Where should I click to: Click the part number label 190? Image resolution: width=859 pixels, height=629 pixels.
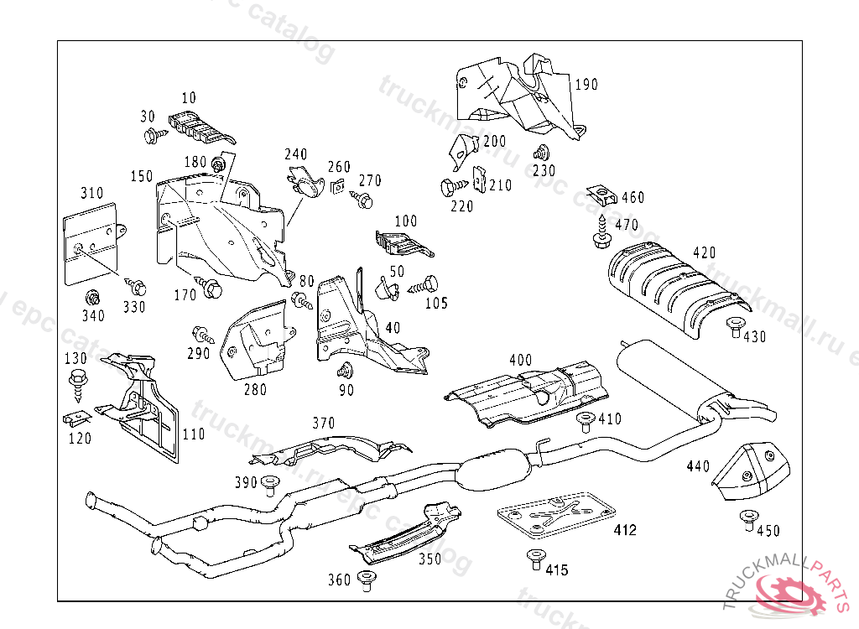coord(586,84)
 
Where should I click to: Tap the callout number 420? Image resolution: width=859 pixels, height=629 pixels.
coord(705,252)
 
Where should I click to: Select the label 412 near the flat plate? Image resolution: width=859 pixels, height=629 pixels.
coord(625,530)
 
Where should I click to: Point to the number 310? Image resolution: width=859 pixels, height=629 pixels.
coord(92,193)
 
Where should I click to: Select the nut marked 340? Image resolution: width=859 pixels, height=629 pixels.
coord(93,297)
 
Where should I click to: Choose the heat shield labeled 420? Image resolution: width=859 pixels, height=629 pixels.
coord(671,285)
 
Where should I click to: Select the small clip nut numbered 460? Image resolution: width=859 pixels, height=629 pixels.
coord(601,195)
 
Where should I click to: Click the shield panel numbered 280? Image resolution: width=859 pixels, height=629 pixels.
coord(256,340)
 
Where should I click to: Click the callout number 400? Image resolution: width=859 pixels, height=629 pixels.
coord(520,360)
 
